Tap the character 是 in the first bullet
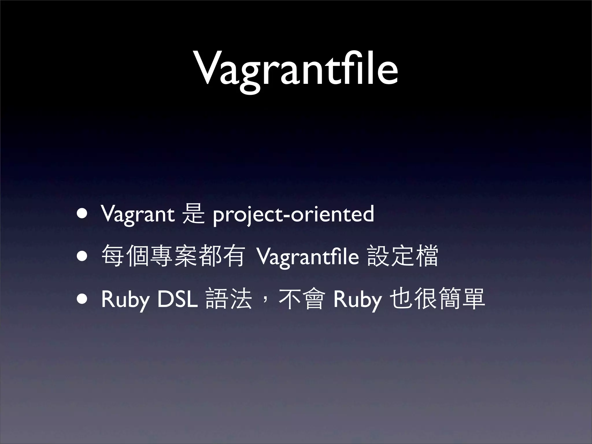point(193,214)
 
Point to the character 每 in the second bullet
point(113,256)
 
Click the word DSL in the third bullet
point(177,299)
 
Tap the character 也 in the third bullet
point(401,299)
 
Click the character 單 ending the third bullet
point(473,299)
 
